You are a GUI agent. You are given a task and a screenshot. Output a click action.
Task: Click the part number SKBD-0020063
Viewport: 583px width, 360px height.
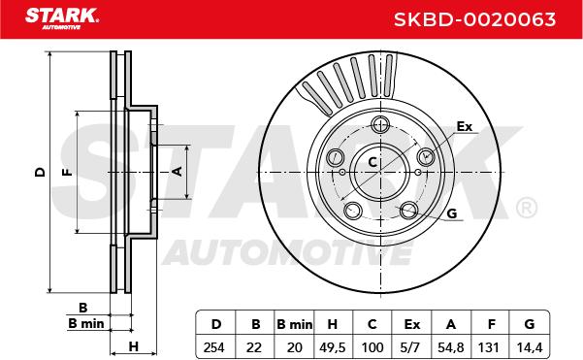(474, 19)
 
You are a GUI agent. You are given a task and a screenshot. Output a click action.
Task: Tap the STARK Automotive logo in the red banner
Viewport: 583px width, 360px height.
(62, 18)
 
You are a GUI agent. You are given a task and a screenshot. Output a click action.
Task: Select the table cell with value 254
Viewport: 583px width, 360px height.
(214, 347)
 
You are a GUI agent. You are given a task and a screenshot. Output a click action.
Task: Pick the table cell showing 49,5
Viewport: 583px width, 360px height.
(333, 347)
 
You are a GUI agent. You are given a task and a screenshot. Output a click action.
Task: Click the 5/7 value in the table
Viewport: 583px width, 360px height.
(411, 347)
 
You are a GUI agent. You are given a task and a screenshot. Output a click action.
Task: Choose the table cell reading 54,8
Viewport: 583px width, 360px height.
(451, 347)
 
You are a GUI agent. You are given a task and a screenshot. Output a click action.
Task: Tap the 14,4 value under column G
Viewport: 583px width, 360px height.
(530, 347)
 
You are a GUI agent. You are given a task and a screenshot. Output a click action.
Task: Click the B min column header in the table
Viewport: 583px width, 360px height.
(295, 324)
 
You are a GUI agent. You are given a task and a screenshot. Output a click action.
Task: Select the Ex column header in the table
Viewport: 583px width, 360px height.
(411, 324)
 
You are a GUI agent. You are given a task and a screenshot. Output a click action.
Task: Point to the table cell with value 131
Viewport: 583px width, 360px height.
(490, 347)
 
